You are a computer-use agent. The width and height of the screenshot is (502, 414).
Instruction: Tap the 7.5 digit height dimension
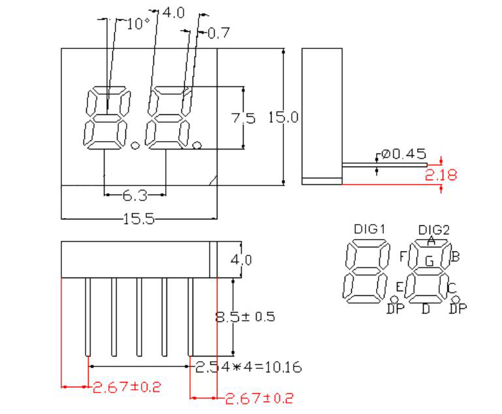[244, 118]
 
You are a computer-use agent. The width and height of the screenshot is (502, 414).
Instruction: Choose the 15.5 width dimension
[138, 219]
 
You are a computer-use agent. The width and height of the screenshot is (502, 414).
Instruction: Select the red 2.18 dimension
[441, 174]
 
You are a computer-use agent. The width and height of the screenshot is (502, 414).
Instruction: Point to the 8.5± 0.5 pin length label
[245, 317]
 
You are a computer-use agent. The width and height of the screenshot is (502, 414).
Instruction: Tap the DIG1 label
[369, 229]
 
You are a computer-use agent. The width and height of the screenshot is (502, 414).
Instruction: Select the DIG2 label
[433, 229]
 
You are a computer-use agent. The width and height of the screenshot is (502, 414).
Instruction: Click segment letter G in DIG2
[429, 261]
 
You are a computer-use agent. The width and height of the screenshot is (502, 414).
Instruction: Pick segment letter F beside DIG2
[403, 255]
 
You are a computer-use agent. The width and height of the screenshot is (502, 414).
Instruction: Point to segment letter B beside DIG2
[456, 256]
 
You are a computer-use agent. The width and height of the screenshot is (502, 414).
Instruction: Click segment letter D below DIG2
[426, 308]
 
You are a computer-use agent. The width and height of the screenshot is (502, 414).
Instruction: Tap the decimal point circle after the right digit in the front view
[198, 143]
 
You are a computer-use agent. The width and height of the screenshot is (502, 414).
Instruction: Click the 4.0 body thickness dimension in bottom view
[242, 259]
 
